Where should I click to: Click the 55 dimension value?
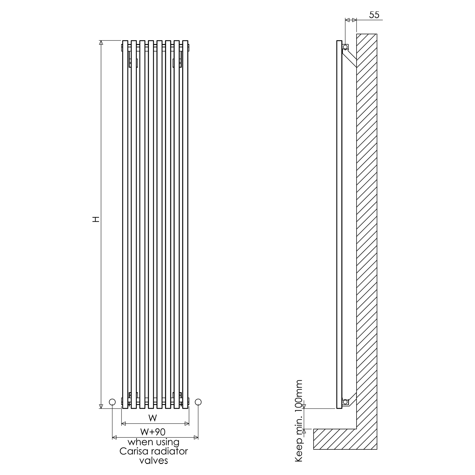(374, 15)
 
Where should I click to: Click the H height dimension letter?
(96, 219)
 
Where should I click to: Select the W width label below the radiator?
(153, 418)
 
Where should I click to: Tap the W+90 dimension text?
(153, 431)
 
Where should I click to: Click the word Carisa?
(135, 451)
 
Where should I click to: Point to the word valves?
(154, 460)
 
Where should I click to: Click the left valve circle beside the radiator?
(112, 402)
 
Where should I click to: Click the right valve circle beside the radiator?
(198, 402)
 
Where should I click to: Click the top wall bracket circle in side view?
(345, 47)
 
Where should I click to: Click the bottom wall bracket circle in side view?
(345, 402)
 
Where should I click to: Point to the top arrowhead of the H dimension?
(101, 43)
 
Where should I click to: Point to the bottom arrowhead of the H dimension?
(101, 406)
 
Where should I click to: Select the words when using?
(153, 442)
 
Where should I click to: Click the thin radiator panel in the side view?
(339, 222)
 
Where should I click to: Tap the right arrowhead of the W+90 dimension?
(196, 438)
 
